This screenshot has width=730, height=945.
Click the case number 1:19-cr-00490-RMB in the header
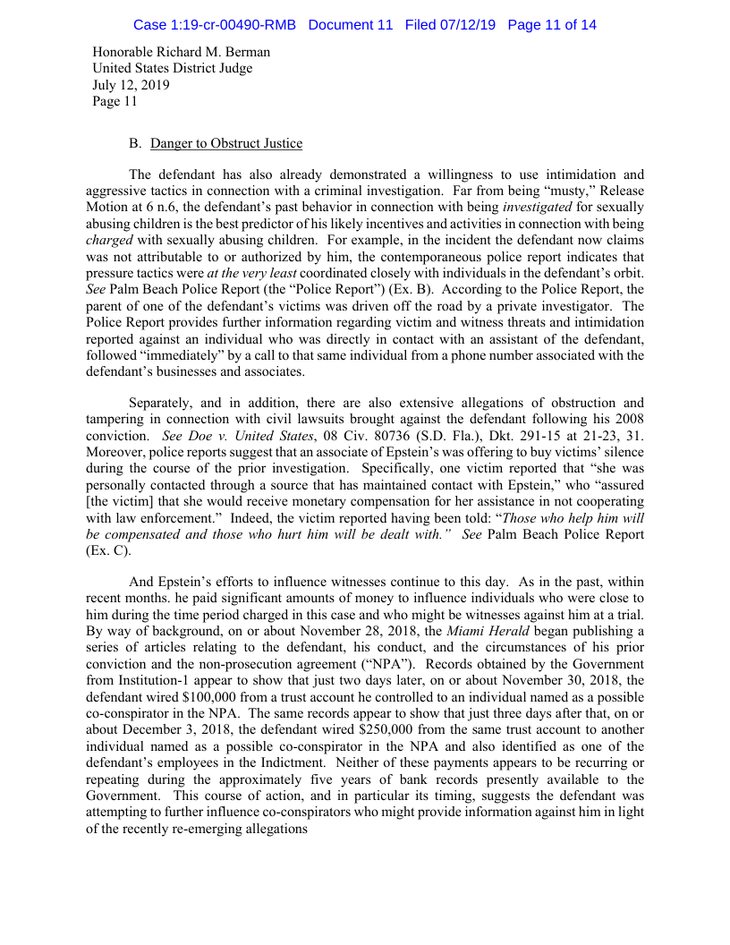[214, 25]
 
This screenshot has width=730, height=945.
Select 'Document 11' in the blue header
[350, 25]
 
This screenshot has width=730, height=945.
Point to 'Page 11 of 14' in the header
[551, 25]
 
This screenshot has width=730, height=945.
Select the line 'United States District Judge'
[173, 69]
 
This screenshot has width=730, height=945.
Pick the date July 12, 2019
[132, 85]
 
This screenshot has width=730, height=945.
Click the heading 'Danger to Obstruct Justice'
[226, 143]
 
